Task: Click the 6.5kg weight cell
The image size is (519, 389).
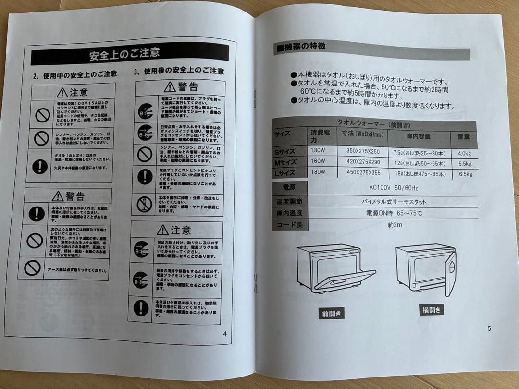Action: (465, 174)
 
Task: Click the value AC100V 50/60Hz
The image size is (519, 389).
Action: (393, 188)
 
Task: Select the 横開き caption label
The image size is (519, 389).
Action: (431, 310)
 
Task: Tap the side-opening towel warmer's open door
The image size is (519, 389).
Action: (450, 274)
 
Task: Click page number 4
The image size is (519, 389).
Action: (224, 334)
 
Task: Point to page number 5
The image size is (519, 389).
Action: (489, 328)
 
